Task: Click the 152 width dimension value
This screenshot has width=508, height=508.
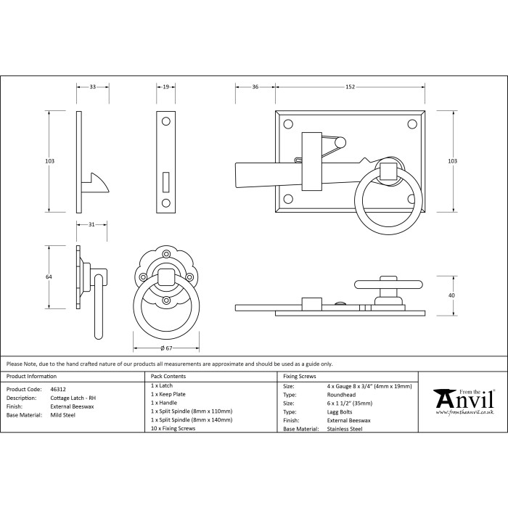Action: tap(350, 87)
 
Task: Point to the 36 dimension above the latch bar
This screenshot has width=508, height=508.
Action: tap(255, 87)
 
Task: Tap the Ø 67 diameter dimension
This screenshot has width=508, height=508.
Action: tap(165, 348)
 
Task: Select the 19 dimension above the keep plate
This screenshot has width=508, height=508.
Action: tap(165, 87)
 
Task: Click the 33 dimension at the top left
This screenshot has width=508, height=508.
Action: tap(93, 87)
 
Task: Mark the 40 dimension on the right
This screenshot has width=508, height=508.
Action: tap(451, 295)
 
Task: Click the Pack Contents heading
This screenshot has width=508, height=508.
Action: tap(168, 377)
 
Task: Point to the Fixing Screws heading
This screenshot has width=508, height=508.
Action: tap(300, 377)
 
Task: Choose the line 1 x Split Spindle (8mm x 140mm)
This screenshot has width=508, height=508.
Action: tap(192, 419)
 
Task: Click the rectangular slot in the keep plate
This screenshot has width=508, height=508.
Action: tap(165, 178)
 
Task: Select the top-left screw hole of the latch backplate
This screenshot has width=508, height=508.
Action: tap(289, 125)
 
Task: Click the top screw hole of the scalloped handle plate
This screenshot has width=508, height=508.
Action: tap(165, 254)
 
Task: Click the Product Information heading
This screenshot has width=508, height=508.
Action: tap(31, 377)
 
